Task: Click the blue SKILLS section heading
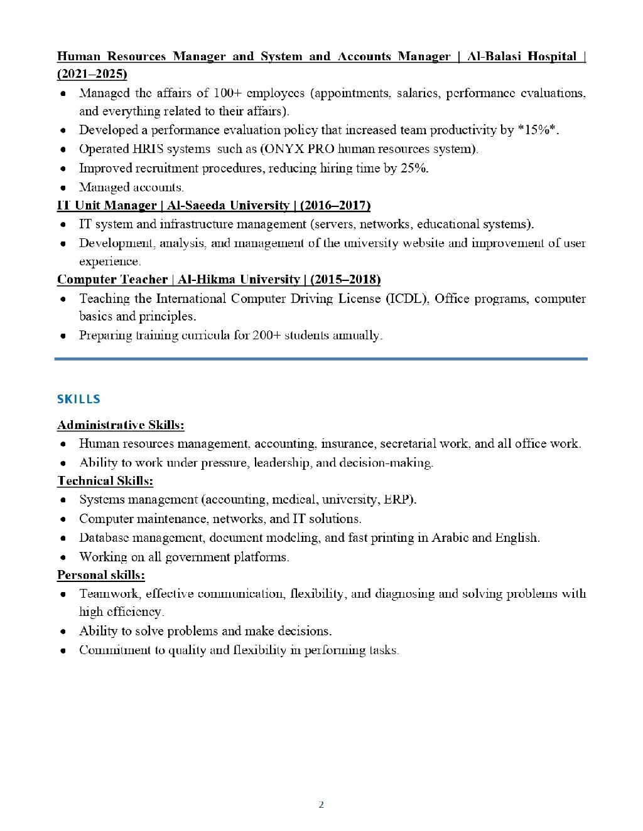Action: [x=78, y=400]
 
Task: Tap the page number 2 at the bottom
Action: [x=321, y=805]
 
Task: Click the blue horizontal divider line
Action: [x=321, y=359]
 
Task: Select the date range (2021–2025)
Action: [x=92, y=74]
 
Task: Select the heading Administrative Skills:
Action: [x=121, y=425]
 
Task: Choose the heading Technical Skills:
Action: [x=105, y=481]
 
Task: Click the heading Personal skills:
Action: [x=101, y=575]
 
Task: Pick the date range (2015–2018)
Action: [x=345, y=280]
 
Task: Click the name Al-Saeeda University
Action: [x=229, y=206]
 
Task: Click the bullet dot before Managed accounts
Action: [x=63, y=188]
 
